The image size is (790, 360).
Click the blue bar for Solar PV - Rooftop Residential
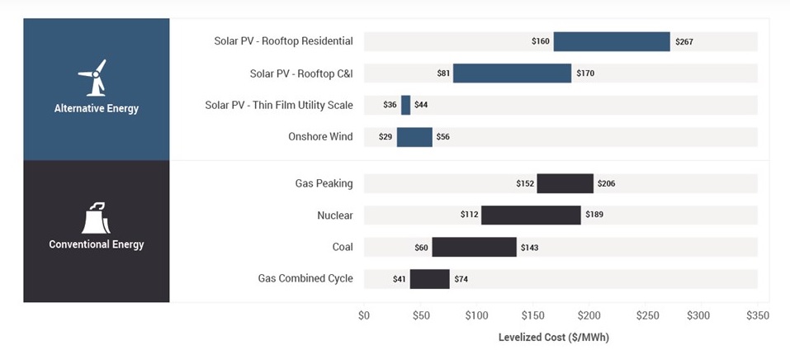[x=611, y=41]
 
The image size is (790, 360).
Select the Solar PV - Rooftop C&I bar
[x=512, y=73]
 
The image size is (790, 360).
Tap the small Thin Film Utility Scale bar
[x=405, y=105]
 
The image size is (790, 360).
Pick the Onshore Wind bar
[x=414, y=137]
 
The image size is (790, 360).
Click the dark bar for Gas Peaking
[x=565, y=183]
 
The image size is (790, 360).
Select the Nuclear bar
[x=531, y=216]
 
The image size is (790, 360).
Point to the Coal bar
[x=474, y=247]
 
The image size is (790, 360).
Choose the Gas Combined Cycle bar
[x=429, y=279]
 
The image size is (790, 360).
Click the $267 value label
[x=684, y=41]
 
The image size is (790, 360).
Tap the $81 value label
[x=443, y=73]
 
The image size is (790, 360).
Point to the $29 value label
[x=386, y=137]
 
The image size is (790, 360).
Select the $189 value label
[x=594, y=216]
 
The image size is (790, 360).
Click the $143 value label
[x=529, y=247]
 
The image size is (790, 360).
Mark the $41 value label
[x=400, y=279]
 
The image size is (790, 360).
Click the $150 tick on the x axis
[x=532, y=315]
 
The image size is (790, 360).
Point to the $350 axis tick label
[x=757, y=315]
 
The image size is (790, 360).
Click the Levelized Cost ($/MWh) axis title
[x=553, y=338]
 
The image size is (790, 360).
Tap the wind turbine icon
[x=95, y=78]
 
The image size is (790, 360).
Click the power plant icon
[x=96, y=218]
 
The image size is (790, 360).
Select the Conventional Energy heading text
[x=97, y=244]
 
